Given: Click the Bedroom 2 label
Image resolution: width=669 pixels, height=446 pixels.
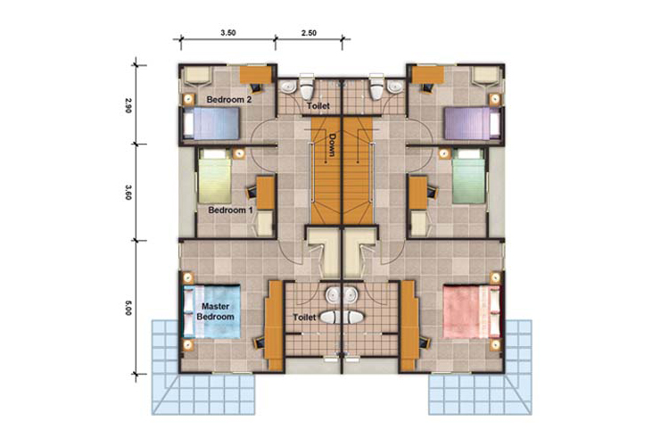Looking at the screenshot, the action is [229, 100].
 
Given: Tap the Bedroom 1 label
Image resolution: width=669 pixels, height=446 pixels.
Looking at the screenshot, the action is [230, 210].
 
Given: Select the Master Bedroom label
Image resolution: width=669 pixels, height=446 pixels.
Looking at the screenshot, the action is [216, 311].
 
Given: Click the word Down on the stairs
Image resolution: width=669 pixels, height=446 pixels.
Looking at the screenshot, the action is [333, 145].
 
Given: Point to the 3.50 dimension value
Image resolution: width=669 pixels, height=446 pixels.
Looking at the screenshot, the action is [228, 32].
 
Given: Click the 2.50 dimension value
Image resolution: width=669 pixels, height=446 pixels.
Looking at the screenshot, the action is [309, 32].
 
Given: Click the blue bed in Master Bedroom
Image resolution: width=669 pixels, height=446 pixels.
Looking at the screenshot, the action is [211, 312].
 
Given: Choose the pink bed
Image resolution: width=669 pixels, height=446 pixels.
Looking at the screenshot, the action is [472, 312].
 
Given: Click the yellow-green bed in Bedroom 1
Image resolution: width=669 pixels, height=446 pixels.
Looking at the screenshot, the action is [215, 176].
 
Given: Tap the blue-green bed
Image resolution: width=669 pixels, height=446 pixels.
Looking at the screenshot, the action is [468, 176].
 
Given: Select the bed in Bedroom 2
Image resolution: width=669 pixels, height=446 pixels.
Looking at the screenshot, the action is [211, 123].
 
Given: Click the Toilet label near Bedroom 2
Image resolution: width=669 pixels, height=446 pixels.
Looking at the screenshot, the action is [318, 106].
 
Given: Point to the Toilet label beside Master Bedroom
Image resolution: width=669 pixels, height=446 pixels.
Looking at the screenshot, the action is [305, 318].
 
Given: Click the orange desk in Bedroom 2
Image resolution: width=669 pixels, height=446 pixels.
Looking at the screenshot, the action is [256, 75].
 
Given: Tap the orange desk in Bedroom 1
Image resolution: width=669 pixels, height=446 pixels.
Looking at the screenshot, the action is [266, 193].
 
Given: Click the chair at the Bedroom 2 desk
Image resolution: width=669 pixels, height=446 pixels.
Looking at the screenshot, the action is [256, 88].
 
